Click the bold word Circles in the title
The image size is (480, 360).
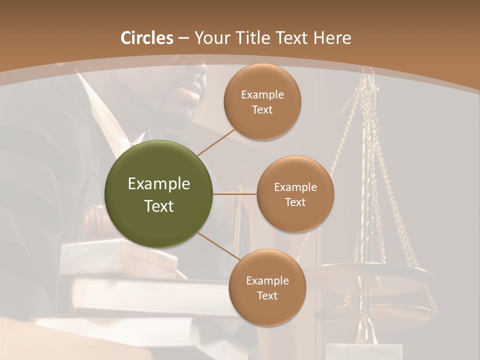[x=147, y=38]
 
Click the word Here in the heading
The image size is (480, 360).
[x=332, y=38]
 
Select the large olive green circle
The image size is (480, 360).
[x=159, y=194]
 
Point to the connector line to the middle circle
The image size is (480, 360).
[x=235, y=194]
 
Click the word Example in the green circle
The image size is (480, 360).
[x=159, y=184]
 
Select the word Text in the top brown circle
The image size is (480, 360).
[x=262, y=110]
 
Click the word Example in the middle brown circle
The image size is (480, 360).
[x=295, y=187]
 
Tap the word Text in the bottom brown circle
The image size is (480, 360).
[x=267, y=295]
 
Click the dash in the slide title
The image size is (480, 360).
[x=183, y=38]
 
